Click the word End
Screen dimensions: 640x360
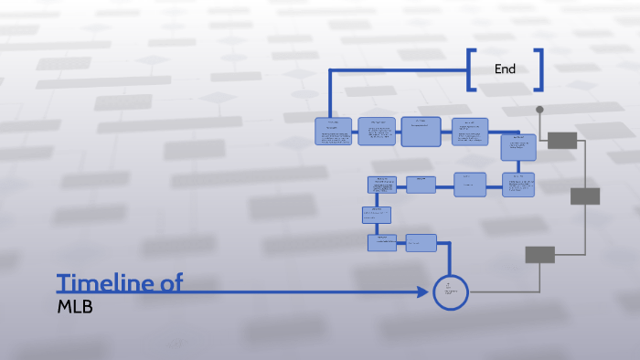pyautogui.click(x=505, y=69)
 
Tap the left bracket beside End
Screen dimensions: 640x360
pyautogui.click(x=471, y=69)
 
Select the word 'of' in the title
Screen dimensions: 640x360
pyautogui.click(x=171, y=283)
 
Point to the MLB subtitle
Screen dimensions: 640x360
pyautogui.click(x=75, y=307)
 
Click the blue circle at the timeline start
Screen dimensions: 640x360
pyautogui.click(x=450, y=291)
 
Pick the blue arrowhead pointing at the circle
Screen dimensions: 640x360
pyautogui.click(x=422, y=292)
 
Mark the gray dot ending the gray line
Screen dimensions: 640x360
pyautogui.click(x=539, y=110)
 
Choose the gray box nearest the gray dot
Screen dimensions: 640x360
pyautogui.click(x=562, y=140)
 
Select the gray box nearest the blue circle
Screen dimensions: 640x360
pyautogui.click(x=539, y=255)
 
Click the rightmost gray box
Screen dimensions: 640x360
pyautogui.click(x=585, y=196)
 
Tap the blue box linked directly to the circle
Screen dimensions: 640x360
pyautogui.click(x=421, y=242)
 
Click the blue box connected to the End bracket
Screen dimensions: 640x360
pyautogui.click(x=334, y=132)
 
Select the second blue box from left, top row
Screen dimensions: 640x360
pyautogui.click(x=377, y=132)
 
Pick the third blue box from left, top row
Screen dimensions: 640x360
pyautogui.click(x=421, y=132)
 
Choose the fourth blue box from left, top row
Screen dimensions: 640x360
pyautogui.click(x=470, y=132)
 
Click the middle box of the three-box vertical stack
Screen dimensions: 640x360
pyautogui.click(x=376, y=216)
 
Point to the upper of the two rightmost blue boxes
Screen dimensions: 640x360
pyautogui.click(x=518, y=146)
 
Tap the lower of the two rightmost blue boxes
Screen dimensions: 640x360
pyautogui.click(x=518, y=185)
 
